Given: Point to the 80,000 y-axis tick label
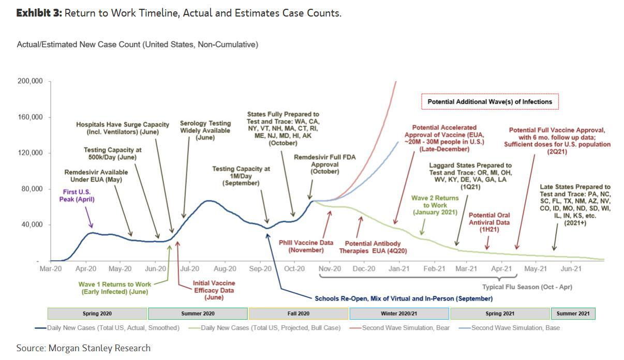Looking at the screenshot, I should point(32,189).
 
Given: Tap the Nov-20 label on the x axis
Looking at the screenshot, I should point(330,269).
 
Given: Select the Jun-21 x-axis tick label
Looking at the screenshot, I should point(571,269).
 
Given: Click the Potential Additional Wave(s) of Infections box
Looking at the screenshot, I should point(489,102).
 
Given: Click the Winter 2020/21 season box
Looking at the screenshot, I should point(399,313).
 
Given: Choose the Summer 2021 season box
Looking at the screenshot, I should point(573,313).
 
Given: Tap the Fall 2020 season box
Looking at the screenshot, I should point(298,313).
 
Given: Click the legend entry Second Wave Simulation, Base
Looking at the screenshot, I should point(515,327).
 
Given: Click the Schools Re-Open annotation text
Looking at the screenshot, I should point(404,298).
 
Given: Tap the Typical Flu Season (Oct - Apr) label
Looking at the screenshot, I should point(527,287).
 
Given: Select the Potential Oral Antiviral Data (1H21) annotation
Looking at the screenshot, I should point(489,219).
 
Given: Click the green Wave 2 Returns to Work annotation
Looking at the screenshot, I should point(435,205).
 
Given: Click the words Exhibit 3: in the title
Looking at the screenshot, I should point(39,13).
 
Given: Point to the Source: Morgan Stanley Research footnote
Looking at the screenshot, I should point(83,348).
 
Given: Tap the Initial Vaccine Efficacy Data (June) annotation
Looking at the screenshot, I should point(214,290).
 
